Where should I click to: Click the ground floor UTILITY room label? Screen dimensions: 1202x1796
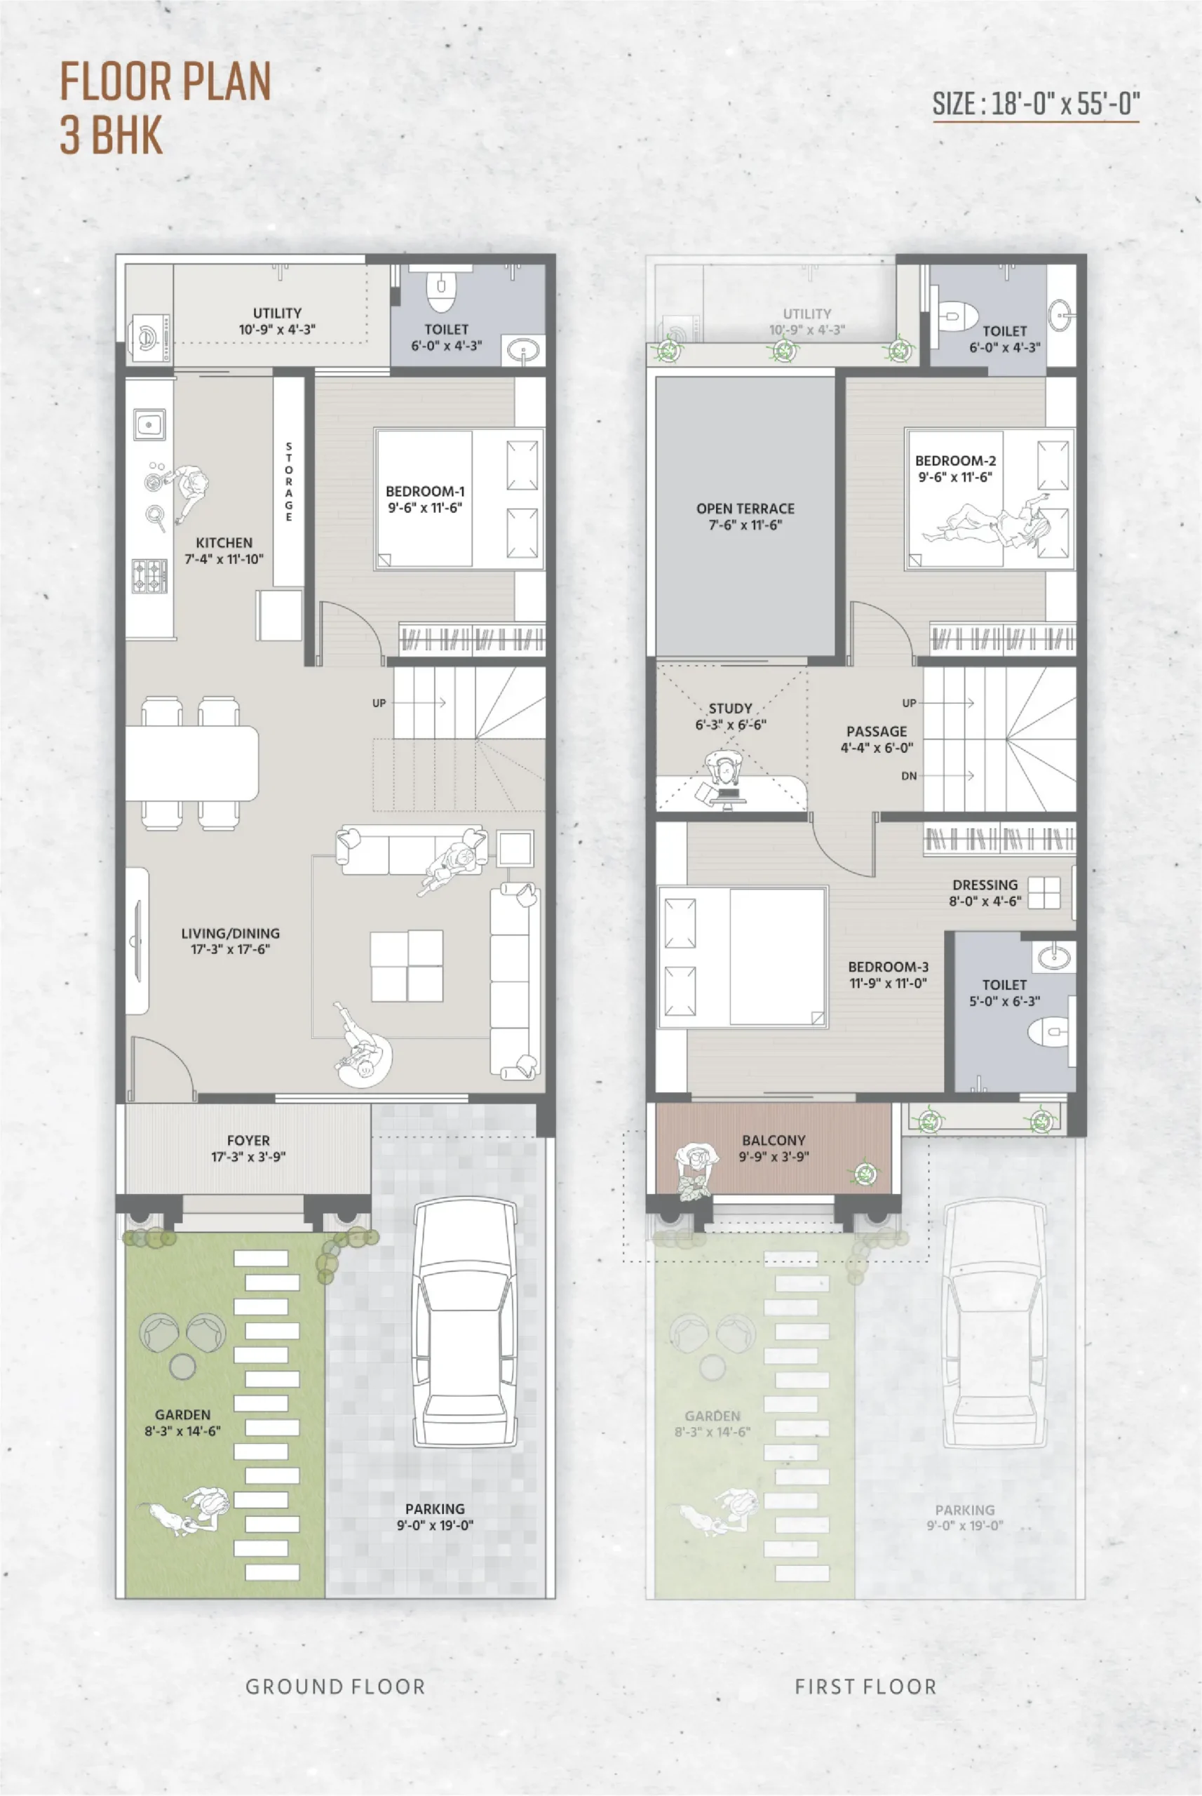click(x=277, y=321)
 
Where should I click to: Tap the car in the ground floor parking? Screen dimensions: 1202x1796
click(x=464, y=1324)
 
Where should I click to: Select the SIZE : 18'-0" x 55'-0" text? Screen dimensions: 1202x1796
click(x=1036, y=104)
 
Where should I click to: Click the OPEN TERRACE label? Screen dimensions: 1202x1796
click(x=745, y=517)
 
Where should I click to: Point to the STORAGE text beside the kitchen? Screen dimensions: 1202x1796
click(x=289, y=481)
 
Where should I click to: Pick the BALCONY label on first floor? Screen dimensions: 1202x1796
click(x=774, y=1148)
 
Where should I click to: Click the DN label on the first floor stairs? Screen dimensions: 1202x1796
click(x=909, y=776)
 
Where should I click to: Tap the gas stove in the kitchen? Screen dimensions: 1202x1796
click(x=149, y=576)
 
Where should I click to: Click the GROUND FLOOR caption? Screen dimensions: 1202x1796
click(x=335, y=1687)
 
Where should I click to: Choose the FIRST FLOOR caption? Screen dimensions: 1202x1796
click(x=865, y=1687)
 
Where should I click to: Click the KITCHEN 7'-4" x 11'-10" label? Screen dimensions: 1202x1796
click(x=224, y=551)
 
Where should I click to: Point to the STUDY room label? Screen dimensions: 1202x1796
click(x=731, y=716)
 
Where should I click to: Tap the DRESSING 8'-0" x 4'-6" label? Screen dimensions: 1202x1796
click(x=985, y=892)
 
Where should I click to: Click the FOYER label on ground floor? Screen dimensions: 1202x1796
click(x=248, y=1148)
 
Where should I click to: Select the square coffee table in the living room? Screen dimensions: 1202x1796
click(x=406, y=965)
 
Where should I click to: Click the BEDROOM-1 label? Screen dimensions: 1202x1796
click(x=425, y=500)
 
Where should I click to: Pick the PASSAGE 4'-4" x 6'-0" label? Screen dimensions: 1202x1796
click(x=877, y=739)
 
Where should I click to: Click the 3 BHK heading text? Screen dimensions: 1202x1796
click(x=112, y=135)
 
